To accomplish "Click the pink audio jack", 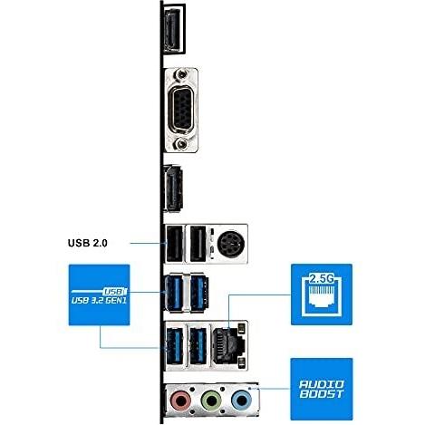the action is pos(180,401).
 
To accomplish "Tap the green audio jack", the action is pos(211,401).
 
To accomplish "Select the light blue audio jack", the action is pos(241,401).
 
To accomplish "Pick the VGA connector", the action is pos(182,111).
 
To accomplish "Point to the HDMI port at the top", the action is pos(173,29).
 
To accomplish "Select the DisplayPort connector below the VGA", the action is pos(173,188).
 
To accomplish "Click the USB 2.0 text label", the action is pos(88,243).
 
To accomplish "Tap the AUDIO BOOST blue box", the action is pos(322,389).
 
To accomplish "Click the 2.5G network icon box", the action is pos(322,295).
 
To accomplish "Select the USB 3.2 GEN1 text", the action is pos(99,301).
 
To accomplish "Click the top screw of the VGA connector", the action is pos(181,74).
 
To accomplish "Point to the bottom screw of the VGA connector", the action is pos(181,144).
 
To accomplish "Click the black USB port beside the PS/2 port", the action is pos(198,244).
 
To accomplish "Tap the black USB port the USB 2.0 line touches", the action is pos(175,244).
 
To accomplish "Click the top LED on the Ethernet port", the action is pos(241,328).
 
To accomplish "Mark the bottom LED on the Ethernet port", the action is pos(241,362).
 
